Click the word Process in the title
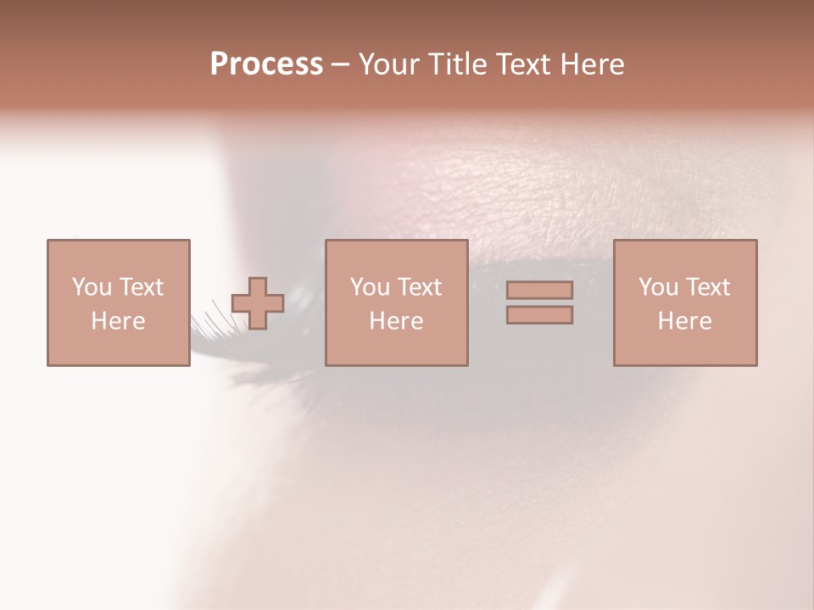(x=266, y=64)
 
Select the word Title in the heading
(x=460, y=64)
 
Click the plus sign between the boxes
(x=258, y=303)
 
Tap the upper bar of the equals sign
(x=539, y=290)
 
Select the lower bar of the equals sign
(x=539, y=315)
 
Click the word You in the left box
(x=92, y=287)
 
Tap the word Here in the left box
(x=118, y=321)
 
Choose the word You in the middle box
(x=370, y=287)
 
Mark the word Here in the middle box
(x=396, y=321)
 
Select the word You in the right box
(x=658, y=287)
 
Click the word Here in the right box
(x=684, y=321)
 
